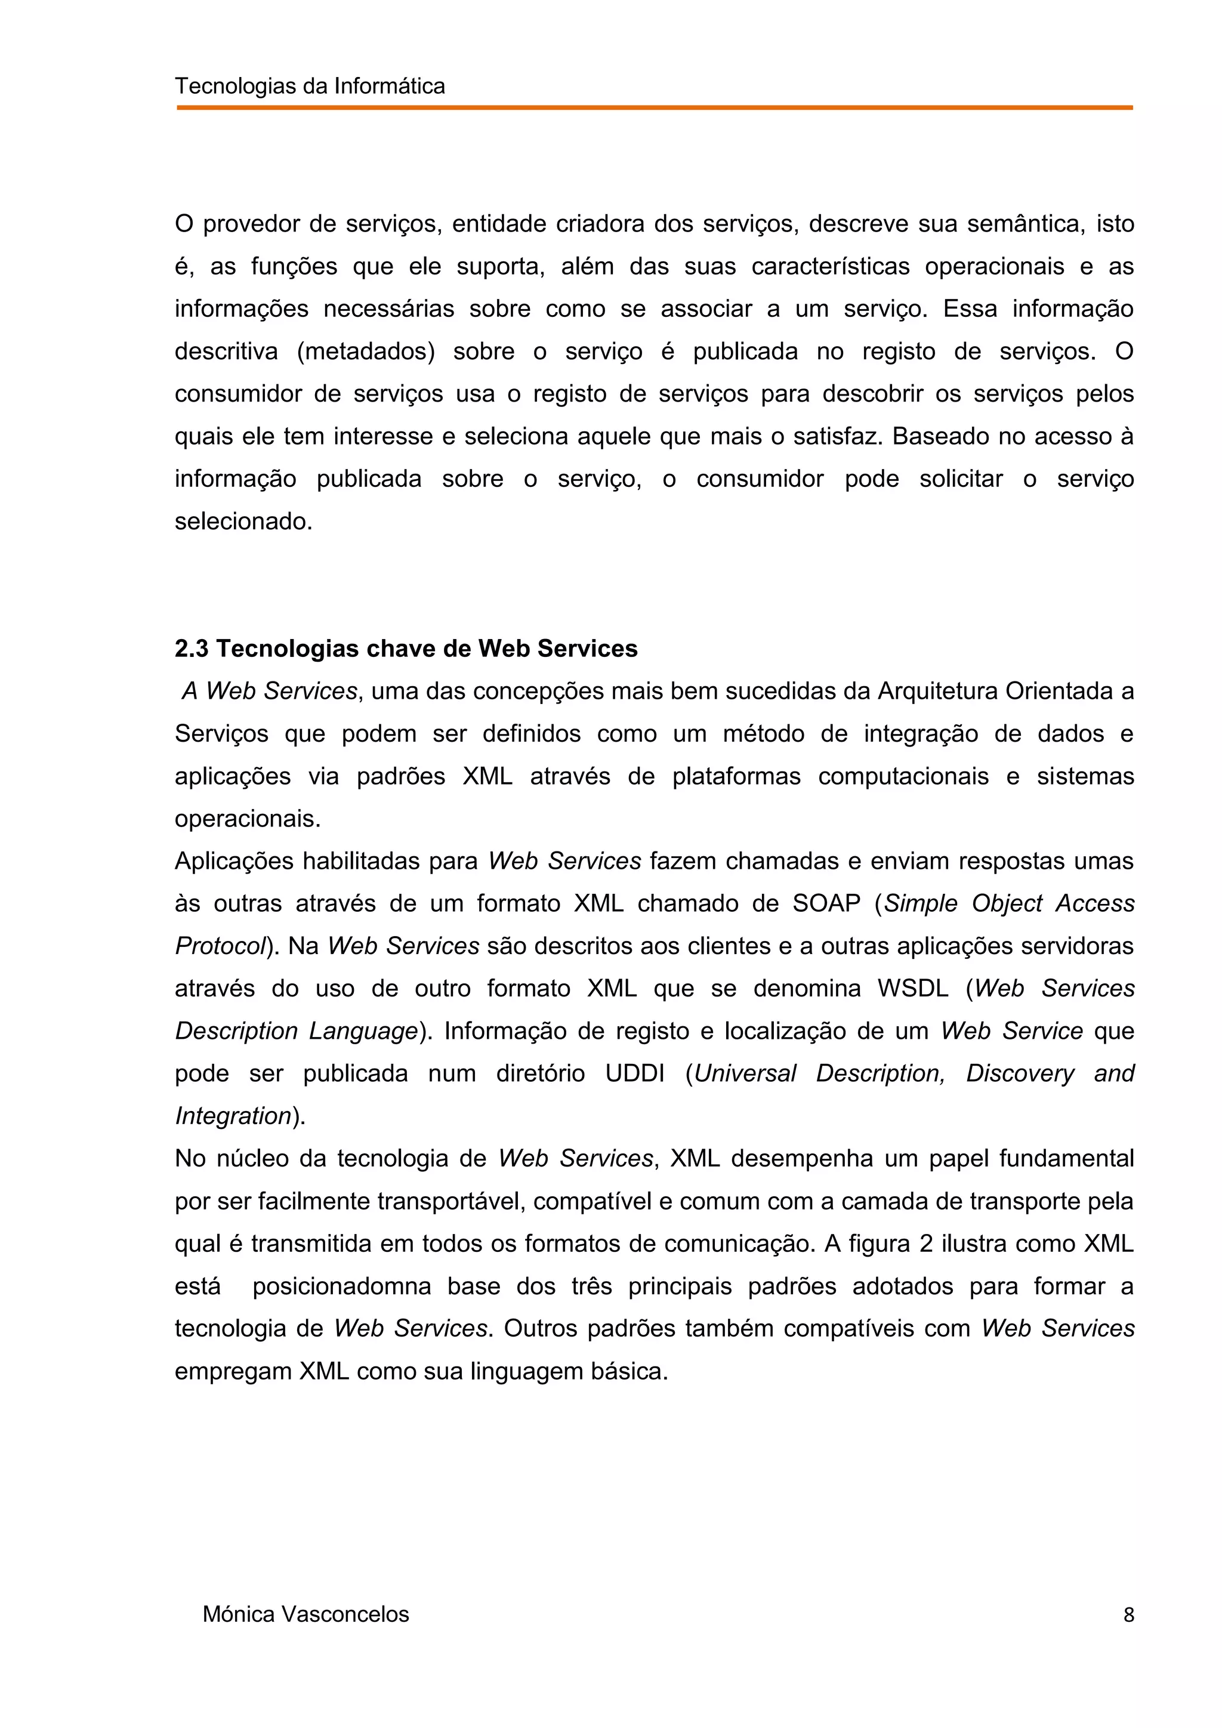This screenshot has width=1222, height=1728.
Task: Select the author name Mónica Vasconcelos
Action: pos(305,1615)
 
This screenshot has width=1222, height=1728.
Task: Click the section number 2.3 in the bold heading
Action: pos(192,649)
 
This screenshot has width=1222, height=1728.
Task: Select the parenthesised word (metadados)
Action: pos(366,351)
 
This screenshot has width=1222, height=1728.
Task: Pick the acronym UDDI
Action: pos(635,1073)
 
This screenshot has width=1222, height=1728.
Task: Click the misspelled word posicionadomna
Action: pos(342,1286)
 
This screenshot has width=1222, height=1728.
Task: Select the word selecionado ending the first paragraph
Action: pos(242,522)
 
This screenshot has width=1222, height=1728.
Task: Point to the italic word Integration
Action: pos(233,1115)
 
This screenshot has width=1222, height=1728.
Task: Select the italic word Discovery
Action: pos(1020,1073)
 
